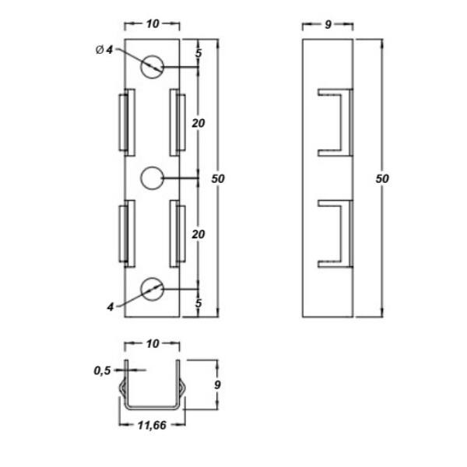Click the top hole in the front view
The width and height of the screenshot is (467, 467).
coord(153,67)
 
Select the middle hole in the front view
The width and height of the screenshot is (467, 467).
coord(153,178)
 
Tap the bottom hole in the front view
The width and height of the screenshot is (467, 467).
coord(153,290)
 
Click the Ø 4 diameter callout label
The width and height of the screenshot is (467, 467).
coord(104,50)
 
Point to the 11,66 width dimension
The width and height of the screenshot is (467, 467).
coord(152,425)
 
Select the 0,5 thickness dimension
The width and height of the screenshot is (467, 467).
coord(102,370)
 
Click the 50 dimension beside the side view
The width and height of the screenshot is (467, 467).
coord(382,179)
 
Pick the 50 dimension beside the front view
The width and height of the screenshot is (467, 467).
coord(218,179)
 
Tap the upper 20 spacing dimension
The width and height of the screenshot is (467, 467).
coord(198,123)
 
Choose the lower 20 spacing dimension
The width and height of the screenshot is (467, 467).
coord(198,234)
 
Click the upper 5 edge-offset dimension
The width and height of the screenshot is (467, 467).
coord(198,53)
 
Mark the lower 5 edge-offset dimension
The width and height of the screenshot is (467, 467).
coord(198,304)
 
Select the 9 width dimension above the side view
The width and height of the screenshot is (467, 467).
coord(328,25)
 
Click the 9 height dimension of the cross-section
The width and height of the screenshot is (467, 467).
coord(217,384)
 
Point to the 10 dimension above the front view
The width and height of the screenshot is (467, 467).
coord(153,24)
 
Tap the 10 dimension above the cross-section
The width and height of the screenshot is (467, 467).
coord(153,344)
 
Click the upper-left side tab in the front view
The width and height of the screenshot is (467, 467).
coord(127,122)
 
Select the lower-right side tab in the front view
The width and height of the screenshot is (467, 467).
coord(177,233)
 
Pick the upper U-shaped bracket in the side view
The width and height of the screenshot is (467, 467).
coord(335,122)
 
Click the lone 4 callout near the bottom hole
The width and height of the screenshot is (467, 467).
coord(111,307)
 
